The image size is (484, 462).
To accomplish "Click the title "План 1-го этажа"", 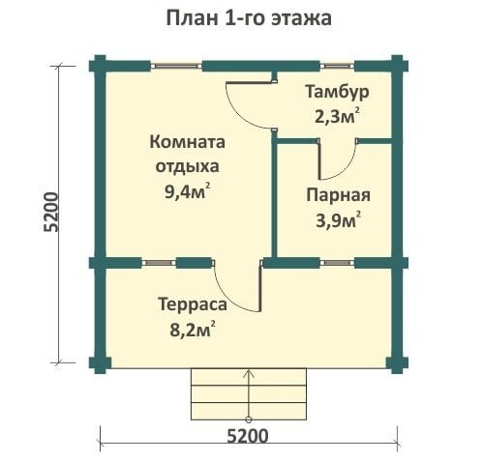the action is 249,18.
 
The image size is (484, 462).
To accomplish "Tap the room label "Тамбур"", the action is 337,92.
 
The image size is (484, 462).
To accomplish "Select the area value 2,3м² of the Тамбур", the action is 337,117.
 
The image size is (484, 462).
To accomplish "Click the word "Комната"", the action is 187,142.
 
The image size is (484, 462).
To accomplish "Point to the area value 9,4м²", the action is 188,191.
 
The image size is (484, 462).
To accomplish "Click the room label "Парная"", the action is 338,195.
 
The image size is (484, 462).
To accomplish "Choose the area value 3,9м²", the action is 338,220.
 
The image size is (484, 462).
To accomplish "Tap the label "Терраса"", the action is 193,305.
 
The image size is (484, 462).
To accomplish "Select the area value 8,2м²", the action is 193,330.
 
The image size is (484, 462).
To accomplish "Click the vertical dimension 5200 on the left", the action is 51,212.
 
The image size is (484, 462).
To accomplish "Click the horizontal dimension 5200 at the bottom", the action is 248,437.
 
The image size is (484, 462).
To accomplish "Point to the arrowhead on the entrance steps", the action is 249,373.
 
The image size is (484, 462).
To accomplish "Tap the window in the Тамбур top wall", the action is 337,66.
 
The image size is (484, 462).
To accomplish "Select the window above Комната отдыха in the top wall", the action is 176,66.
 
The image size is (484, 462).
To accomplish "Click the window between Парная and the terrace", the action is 337,263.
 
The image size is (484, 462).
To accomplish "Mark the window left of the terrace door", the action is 159,263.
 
